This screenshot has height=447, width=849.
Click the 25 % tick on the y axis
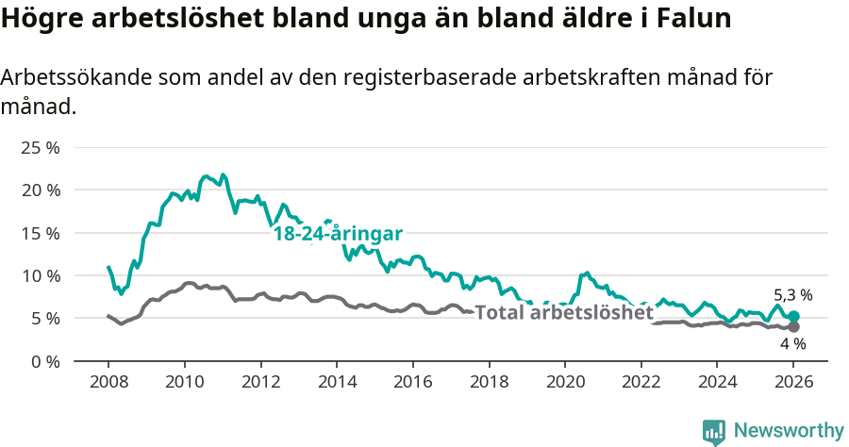40,148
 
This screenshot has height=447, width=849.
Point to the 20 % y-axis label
40,190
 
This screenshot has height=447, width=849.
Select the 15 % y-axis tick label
40,233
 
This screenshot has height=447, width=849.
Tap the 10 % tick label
40,275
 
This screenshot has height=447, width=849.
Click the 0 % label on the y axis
44,361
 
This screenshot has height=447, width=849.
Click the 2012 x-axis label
260,382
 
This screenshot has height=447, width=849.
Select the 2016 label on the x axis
412,382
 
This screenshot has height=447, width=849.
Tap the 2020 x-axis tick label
564,382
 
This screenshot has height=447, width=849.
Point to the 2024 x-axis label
717,382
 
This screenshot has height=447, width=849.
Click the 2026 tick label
793,382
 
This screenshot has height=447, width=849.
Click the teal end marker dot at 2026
793,317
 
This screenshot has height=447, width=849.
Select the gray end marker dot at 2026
793,327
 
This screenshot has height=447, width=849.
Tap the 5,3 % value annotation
792,295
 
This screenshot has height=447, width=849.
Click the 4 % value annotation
792,344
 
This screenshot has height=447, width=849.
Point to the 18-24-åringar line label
338,234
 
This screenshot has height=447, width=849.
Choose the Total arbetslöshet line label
563,313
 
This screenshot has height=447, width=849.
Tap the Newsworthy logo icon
714,432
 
